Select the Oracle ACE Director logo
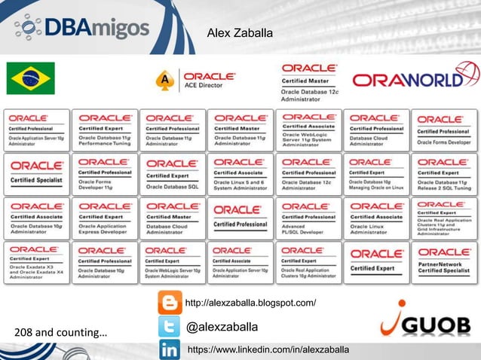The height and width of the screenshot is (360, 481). point(197,81)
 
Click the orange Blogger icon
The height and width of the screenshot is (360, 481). point(169,303)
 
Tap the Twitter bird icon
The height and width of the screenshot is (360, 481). point(169,327)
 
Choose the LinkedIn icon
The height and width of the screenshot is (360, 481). point(169,350)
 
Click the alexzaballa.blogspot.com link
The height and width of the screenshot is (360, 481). point(250,304)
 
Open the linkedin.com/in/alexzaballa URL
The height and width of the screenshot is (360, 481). point(268,350)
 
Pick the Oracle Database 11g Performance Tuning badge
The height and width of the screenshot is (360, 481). point(105,130)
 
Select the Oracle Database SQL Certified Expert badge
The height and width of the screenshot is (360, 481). point(173,174)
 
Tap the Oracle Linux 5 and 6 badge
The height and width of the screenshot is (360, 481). point(240,174)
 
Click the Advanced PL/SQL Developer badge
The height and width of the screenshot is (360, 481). point(308,218)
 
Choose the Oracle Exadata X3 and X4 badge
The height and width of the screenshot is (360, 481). point(37,262)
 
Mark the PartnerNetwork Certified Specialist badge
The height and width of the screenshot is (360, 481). point(444,262)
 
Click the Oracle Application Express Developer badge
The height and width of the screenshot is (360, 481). point(105,218)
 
